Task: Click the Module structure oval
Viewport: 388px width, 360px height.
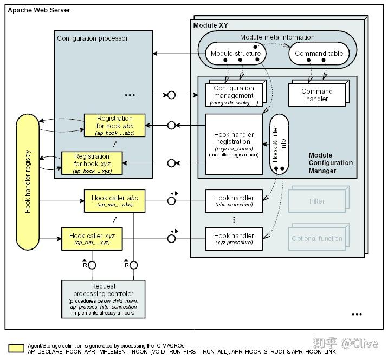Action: click(x=235, y=54)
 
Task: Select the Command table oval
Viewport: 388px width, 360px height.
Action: click(x=319, y=54)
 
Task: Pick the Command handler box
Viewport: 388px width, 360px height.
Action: click(x=317, y=95)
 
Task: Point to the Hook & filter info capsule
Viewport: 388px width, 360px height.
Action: click(x=279, y=144)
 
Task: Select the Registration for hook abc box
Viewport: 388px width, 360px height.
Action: click(x=114, y=125)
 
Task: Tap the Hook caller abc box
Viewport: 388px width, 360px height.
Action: click(x=114, y=201)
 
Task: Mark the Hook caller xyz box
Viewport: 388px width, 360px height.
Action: click(x=92, y=239)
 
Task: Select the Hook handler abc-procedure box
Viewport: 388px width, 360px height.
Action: click(x=234, y=201)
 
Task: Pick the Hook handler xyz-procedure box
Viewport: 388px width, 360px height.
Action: click(x=234, y=239)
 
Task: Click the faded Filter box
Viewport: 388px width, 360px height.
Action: click(x=316, y=201)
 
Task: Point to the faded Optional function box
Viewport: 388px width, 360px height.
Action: click(x=316, y=239)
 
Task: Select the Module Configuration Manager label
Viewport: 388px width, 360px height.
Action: click(x=331, y=163)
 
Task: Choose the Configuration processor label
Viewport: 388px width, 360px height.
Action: click(x=92, y=38)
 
